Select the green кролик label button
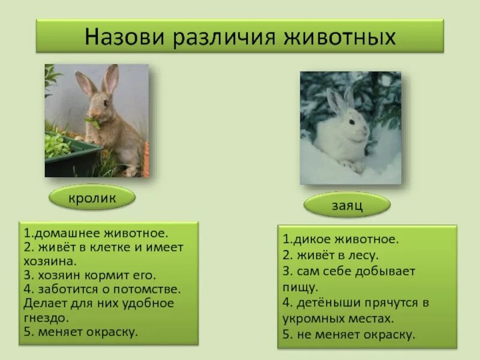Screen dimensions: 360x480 point(92,197)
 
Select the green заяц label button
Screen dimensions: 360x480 point(346,205)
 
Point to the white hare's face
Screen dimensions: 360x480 point(352,124)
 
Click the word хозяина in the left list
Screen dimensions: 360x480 point(50,262)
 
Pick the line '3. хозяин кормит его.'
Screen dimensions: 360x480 point(90,275)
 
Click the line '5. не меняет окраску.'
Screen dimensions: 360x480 point(349,335)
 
